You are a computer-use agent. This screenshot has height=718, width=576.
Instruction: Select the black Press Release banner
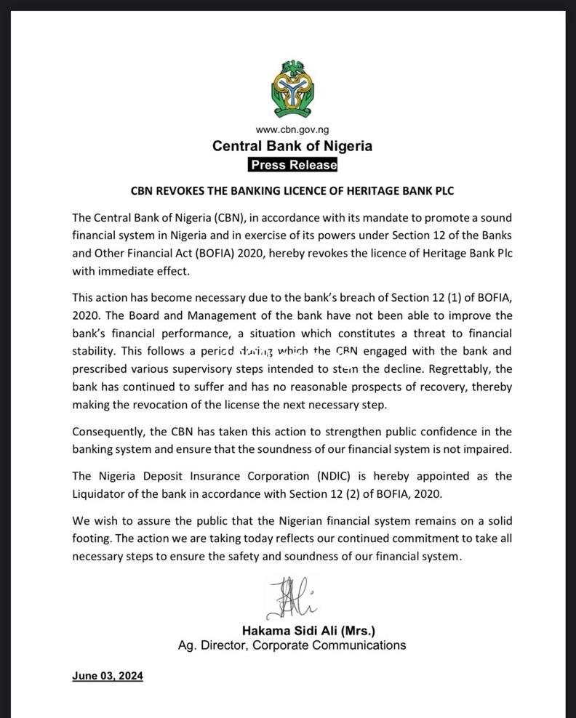click(292, 164)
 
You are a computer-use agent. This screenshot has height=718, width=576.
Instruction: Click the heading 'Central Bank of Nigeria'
click(292, 146)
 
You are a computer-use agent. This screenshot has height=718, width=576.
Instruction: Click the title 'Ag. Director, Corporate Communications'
click(292, 645)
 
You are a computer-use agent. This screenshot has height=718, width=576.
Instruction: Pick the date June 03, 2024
click(108, 676)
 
